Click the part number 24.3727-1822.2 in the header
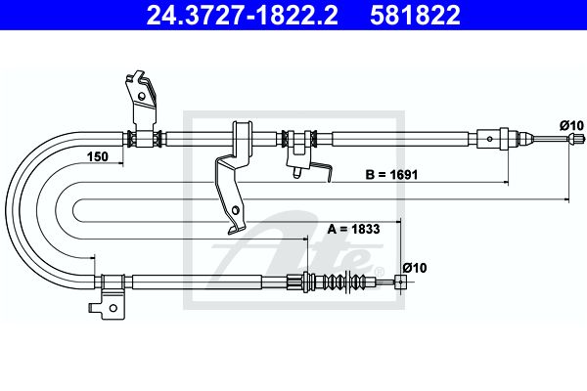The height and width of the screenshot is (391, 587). tap(242, 15)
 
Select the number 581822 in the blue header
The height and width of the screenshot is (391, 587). tap(415, 15)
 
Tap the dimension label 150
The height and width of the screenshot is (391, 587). tap(97, 156)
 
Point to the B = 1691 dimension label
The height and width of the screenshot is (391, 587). tap(391, 174)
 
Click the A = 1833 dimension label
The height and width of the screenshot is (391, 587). tap(353, 229)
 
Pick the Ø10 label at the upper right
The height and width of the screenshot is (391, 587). tap(571, 125)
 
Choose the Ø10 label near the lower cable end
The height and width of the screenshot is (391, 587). tap(415, 268)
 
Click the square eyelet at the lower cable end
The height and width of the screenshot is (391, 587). tap(400, 282)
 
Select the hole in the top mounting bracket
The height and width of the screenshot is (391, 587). tap(142, 96)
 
